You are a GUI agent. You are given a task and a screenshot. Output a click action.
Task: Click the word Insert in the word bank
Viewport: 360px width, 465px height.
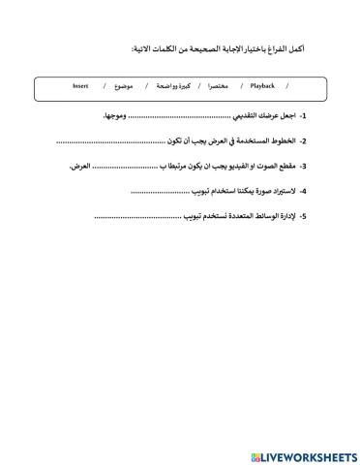80,85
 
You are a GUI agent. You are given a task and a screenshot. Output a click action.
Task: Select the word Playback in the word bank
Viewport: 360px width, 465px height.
262,85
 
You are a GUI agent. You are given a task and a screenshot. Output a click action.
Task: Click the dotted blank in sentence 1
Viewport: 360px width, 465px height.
169,116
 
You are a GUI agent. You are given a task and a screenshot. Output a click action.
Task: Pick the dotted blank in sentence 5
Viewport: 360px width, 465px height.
137,217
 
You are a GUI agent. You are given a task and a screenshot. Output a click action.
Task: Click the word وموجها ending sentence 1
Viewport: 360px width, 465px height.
115,115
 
